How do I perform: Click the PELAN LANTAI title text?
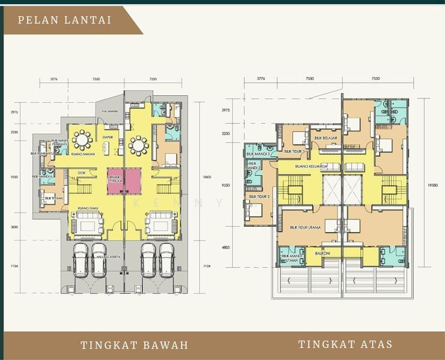pos(64,20)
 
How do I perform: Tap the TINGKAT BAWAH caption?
pos(135,345)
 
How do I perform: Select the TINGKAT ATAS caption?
pos(345,344)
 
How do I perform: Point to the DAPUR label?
pos(108,137)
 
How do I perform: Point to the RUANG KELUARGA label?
pos(307,166)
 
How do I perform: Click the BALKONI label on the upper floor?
pos(323,253)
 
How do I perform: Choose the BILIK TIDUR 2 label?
pos(259,196)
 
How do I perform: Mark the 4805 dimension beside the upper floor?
pos(226,247)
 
